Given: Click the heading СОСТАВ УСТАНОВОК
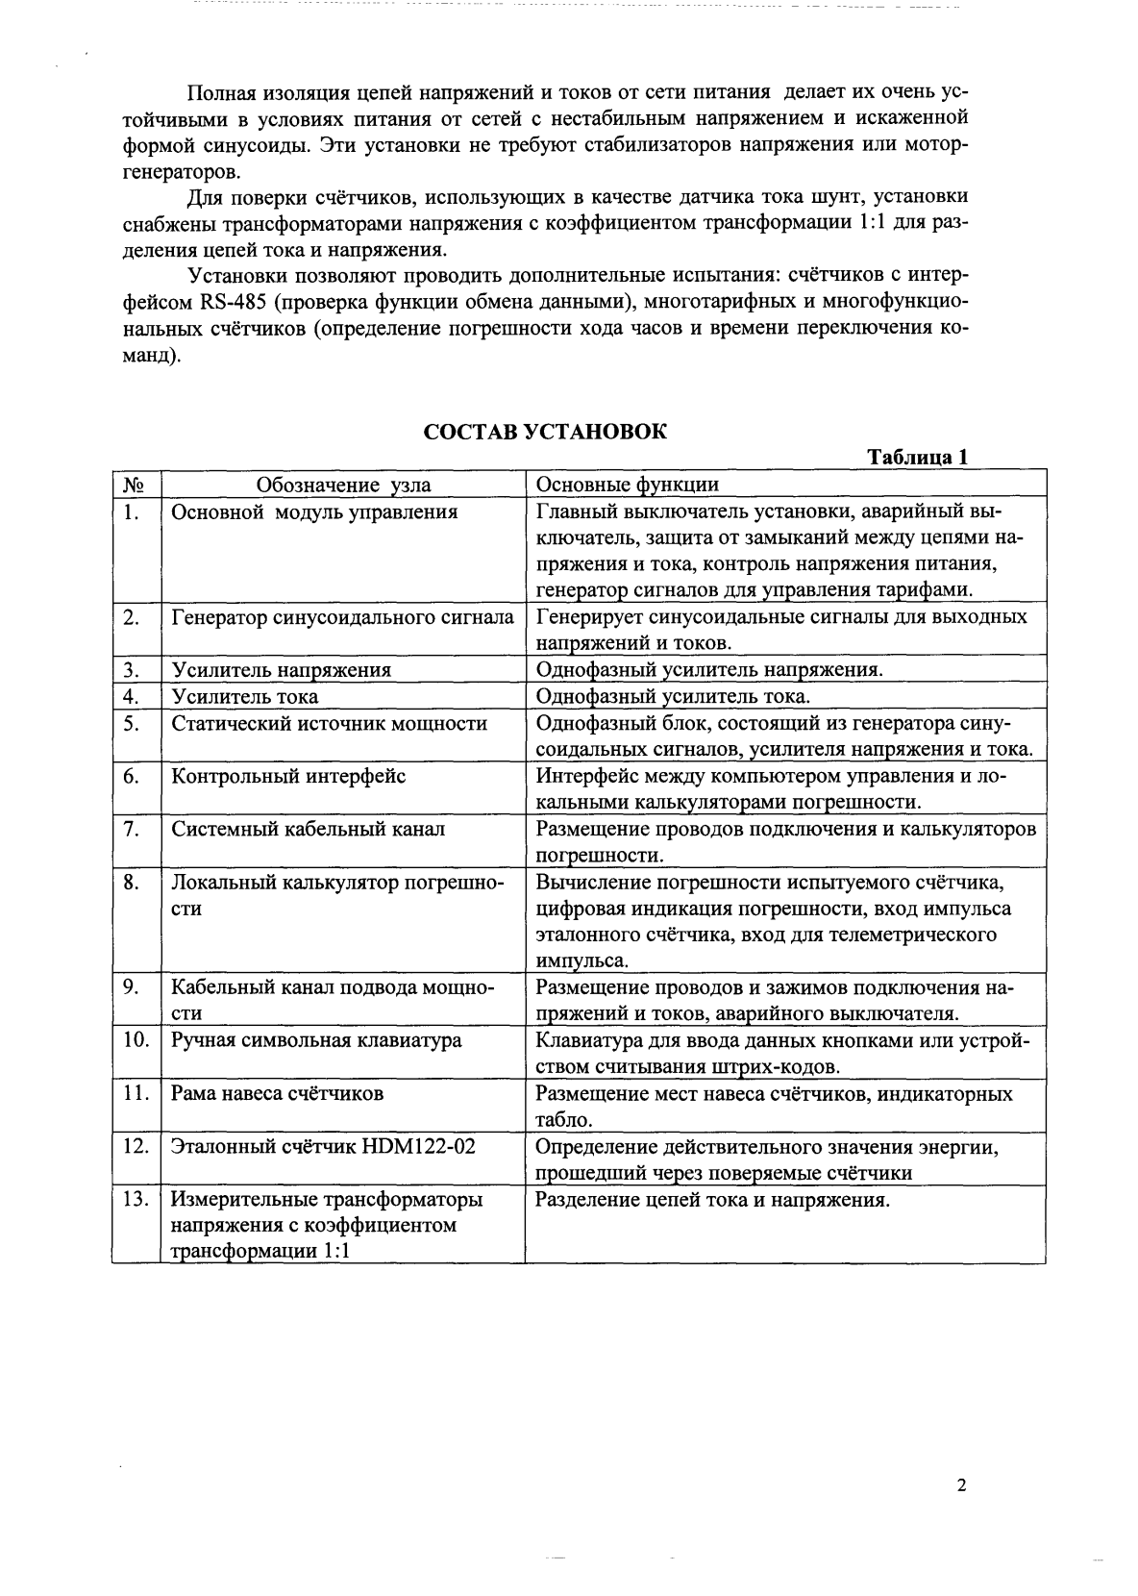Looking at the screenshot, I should pyautogui.click(x=545, y=432).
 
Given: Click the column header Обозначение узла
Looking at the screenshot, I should pyautogui.click(x=343, y=485).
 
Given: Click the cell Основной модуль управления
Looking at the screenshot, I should pyautogui.click(x=314, y=512).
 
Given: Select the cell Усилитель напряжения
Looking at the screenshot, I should pyautogui.click(x=281, y=670).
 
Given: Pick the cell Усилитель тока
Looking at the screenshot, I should pyautogui.click(x=244, y=696).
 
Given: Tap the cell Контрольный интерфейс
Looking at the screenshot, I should pyautogui.click(x=288, y=776).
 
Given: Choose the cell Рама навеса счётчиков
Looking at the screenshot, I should pyautogui.click(x=277, y=1093).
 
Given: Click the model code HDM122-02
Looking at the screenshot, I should pyautogui.click(x=419, y=1146).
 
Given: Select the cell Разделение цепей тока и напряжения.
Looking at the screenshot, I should pyautogui.click(x=712, y=1199).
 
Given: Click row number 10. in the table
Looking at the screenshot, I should pyautogui.click(x=136, y=1040).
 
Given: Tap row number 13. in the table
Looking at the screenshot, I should pyautogui.click(x=136, y=1199).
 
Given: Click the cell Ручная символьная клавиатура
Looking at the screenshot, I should pyautogui.click(x=316, y=1040).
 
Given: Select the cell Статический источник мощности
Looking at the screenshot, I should pyautogui.click(x=329, y=723).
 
